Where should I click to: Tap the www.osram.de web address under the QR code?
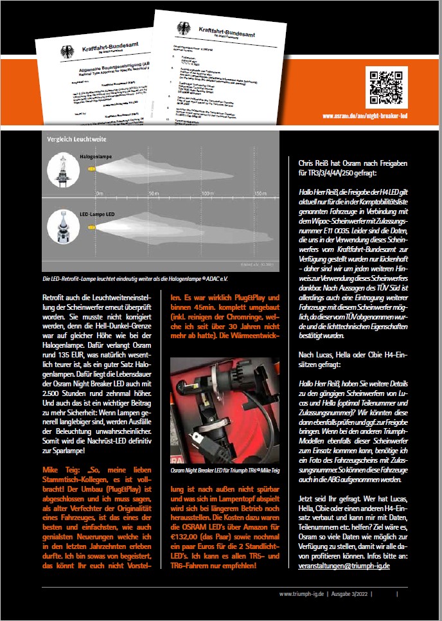pyautogui.click(x=377, y=116)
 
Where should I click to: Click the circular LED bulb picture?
pyautogui.click(x=67, y=229)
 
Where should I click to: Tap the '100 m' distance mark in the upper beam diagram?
pyautogui.click(x=207, y=193)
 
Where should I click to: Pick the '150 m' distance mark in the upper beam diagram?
pyautogui.click(x=259, y=193)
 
